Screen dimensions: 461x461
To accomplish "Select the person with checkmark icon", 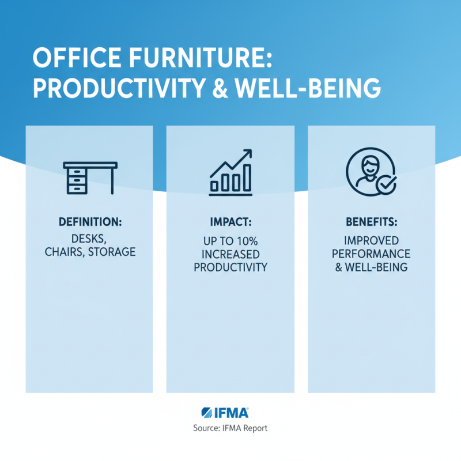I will click(371, 171).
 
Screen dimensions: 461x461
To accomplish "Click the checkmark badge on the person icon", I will click(384, 184).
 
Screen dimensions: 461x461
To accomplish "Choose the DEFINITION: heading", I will click(89, 222).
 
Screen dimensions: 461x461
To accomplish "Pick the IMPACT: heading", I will click(230, 222).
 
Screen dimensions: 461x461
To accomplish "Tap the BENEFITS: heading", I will click(371, 222).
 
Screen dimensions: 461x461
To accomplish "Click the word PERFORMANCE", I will click(371, 254).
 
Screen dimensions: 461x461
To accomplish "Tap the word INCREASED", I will click(231, 254).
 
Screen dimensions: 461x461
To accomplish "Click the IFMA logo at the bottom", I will click(226, 413).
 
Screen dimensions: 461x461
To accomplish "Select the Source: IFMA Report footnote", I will click(231, 428).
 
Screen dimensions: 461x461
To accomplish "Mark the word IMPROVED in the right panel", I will click(371, 239).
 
